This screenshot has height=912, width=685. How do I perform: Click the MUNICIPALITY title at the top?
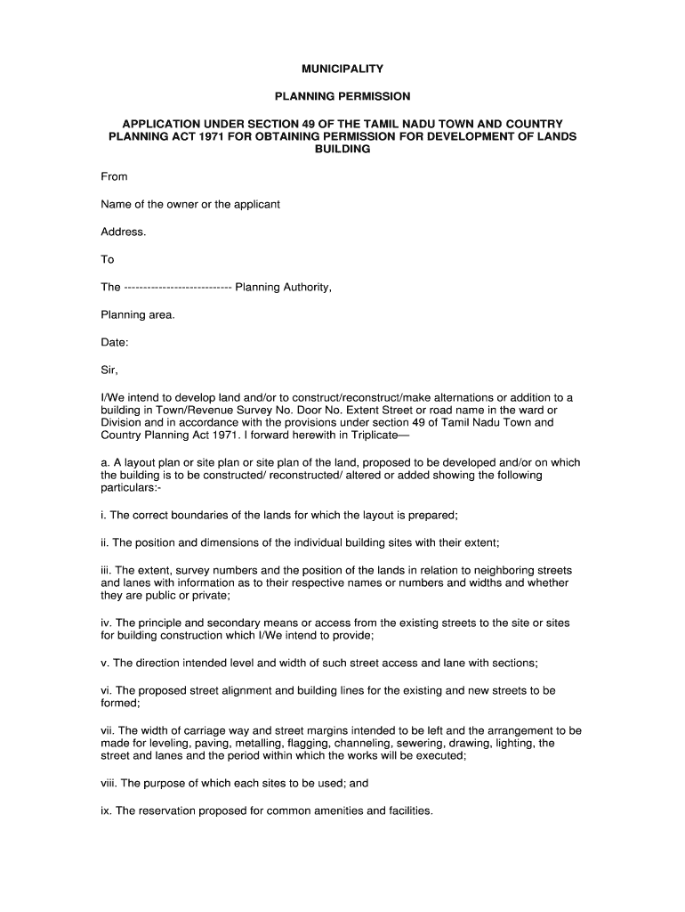(x=342, y=68)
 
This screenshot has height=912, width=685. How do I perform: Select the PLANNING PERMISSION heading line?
(x=342, y=95)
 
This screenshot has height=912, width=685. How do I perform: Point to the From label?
(x=114, y=177)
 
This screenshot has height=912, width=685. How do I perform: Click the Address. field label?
(x=123, y=232)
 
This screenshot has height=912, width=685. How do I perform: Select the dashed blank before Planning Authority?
(x=178, y=287)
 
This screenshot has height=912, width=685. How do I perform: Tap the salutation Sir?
(x=109, y=370)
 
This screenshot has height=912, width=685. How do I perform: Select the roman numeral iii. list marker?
(x=106, y=570)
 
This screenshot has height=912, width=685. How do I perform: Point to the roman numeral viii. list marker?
(x=109, y=784)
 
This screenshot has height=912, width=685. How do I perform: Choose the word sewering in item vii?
(x=423, y=743)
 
